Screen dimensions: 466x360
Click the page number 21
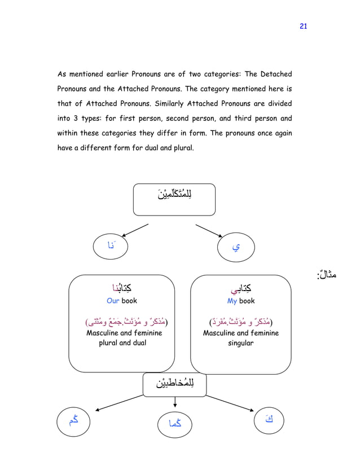pos(303,26)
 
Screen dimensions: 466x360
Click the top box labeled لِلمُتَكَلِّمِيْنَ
pos(174,199)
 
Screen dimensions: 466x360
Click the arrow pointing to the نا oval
pos(135,230)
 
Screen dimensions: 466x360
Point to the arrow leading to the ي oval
pos(209,231)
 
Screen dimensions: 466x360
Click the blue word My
pos(233,301)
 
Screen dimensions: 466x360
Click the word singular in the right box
pos(240,343)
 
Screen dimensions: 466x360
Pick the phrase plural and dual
pos(122,343)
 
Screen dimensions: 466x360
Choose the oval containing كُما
pos(175,423)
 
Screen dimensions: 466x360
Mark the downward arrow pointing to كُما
pos(175,401)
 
